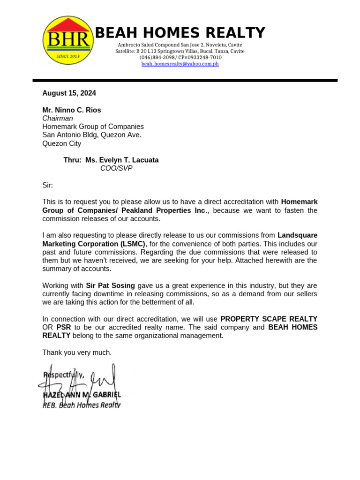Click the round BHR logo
(68, 40)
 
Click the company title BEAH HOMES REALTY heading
(180, 33)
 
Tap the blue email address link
(180, 64)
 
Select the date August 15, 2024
(69, 93)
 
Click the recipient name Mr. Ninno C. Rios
(72, 110)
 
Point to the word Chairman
(58, 119)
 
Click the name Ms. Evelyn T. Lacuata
(122, 160)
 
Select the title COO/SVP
(116, 168)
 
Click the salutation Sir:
(48, 185)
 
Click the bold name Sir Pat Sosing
(110, 285)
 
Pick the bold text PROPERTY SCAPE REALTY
(269, 319)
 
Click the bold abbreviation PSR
(64, 327)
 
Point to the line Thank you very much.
(77, 352)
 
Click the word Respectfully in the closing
(64, 375)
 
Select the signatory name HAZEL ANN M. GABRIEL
(82, 395)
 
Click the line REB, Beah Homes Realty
(81, 405)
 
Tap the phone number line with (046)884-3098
(180, 57)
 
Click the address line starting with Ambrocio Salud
(180, 45)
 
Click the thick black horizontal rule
(185, 81)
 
